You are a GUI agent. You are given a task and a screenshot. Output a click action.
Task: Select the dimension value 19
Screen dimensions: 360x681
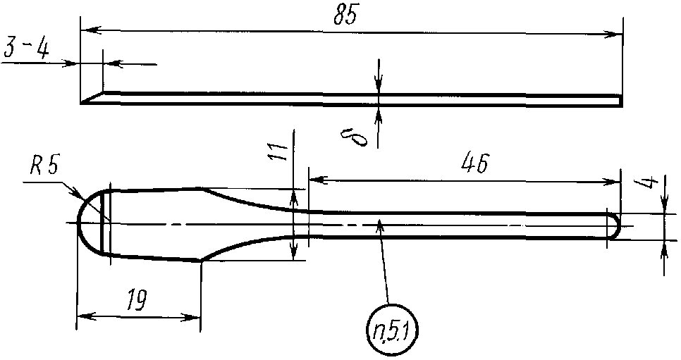tap(137, 301)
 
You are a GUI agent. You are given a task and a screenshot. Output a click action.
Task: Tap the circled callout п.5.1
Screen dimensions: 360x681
tap(391, 328)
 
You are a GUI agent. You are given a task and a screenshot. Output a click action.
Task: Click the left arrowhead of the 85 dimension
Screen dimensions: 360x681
tap(87, 30)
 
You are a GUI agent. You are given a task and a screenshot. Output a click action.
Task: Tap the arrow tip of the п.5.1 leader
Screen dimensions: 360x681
tap(380, 223)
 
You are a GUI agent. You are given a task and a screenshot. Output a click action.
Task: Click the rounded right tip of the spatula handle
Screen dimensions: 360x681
tap(618, 225)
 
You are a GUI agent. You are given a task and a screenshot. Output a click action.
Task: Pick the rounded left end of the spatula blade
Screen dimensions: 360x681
tap(79, 223)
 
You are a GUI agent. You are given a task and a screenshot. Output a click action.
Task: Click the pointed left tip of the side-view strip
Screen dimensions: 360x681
tap(84, 103)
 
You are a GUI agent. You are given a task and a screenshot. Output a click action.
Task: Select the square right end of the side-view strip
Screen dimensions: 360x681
tap(621, 101)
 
